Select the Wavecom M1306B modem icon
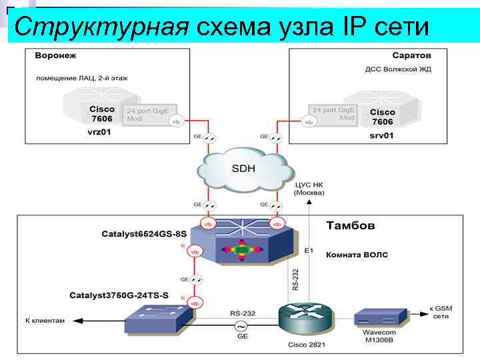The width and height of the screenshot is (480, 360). point(379,315)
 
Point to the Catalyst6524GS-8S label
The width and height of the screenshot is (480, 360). point(144,234)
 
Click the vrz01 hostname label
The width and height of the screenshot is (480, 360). point(99,133)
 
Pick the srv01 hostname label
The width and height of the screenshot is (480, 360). point(382,135)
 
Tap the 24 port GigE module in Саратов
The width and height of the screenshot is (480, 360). point(333,113)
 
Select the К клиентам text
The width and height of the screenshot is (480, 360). point(45,321)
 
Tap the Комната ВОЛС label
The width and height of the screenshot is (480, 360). point(357,255)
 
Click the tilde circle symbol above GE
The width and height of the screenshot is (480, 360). point(238,326)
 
